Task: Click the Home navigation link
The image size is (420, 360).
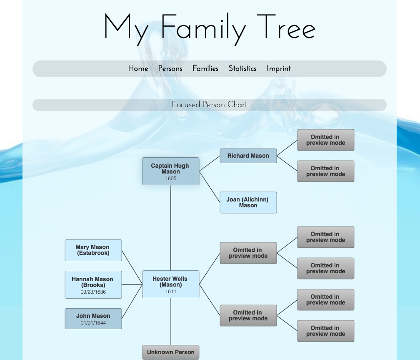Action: point(138,69)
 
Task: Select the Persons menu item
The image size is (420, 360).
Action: point(170,69)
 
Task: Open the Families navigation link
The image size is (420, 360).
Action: point(205,69)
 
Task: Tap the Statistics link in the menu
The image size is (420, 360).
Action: point(242,69)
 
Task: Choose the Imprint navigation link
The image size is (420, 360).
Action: point(278,69)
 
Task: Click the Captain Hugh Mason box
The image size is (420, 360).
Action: point(170,169)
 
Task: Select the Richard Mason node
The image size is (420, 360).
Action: point(248,156)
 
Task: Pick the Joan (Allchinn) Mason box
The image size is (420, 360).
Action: point(248,202)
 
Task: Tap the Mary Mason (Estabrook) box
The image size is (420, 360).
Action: point(93,250)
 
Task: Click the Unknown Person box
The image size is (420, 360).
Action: point(170,352)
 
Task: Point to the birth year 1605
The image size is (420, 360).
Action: point(170,179)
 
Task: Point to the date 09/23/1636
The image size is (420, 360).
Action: point(93,292)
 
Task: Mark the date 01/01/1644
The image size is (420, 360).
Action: point(93,323)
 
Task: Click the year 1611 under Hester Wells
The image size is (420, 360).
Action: point(170,292)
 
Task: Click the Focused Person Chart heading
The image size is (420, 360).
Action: point(209,105)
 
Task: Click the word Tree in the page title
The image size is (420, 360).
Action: point(286,28)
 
